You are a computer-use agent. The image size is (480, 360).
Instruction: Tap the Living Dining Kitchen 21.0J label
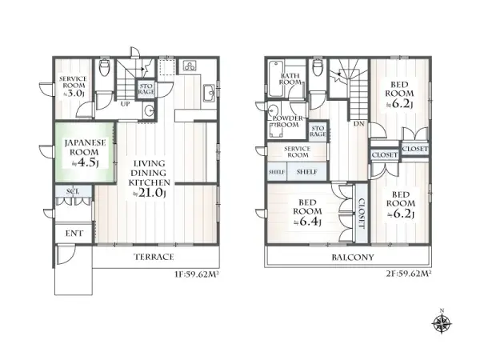tap(148, 176)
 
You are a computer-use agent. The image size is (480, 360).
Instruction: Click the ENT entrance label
tap(72, 234)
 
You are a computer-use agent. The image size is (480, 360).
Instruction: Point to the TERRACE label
tap(152, 257)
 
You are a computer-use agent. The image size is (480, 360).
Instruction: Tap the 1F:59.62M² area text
tap(198, 274)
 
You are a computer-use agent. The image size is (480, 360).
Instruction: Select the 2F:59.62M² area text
tap(408, 274)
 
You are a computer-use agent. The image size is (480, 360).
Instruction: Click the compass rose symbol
tap(442, 323)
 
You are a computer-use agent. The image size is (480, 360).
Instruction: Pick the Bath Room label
tap(290, 78)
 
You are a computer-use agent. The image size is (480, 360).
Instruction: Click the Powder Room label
tap(288, 122)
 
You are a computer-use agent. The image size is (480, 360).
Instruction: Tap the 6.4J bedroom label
tap(308, 212)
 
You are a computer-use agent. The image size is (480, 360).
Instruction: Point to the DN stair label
tap(359, 124)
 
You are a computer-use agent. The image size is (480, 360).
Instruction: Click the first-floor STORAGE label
tap(146, 90)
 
